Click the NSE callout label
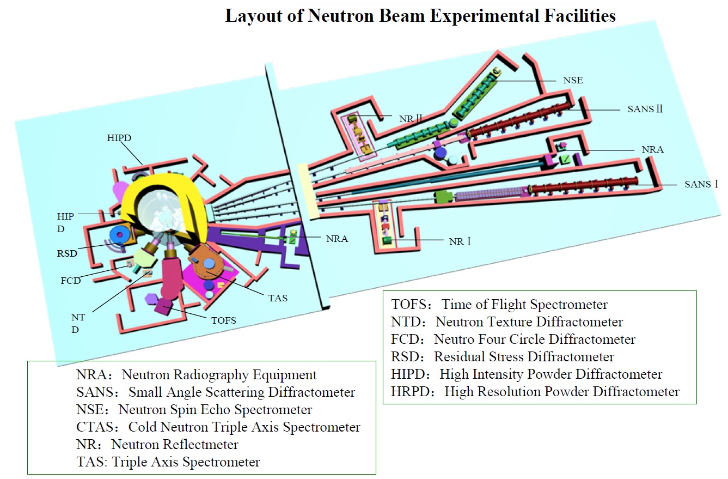573,80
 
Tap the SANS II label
645,109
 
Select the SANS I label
701,184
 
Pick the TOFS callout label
223,320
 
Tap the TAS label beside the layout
278,298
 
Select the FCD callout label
71,281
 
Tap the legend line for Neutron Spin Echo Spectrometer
195,409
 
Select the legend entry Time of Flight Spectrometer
499,305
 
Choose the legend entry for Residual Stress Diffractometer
503,357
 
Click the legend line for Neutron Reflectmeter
158,444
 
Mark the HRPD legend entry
535,391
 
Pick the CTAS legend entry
218,427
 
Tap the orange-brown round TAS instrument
209,264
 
